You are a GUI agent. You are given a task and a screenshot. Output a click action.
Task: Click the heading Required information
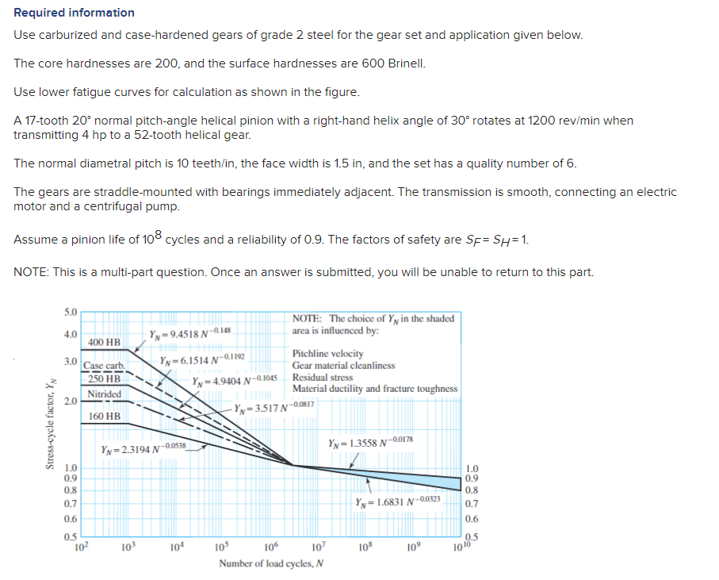[74, 13]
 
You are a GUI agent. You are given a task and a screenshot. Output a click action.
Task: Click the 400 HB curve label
[104, 342]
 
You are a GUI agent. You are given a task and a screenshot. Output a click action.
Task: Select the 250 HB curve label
[104, 378]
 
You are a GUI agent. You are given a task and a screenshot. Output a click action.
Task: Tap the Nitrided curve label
[104, 394]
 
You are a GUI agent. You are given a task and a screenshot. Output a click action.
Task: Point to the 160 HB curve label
[104, 416]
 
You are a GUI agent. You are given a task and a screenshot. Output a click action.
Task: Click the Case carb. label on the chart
[104, 366]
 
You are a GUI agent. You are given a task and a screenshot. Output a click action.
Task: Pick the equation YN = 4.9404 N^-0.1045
[235, 378]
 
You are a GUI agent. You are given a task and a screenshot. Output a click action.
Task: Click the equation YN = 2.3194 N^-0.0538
[143, 449]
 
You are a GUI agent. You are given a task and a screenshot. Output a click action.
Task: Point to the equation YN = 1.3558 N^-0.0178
[369, 441]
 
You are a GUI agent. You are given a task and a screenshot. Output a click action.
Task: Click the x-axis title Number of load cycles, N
[271, 564]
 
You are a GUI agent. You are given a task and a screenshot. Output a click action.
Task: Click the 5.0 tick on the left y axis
[71, 312]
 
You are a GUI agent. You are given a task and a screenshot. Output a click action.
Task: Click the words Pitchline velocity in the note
[328, 354]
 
